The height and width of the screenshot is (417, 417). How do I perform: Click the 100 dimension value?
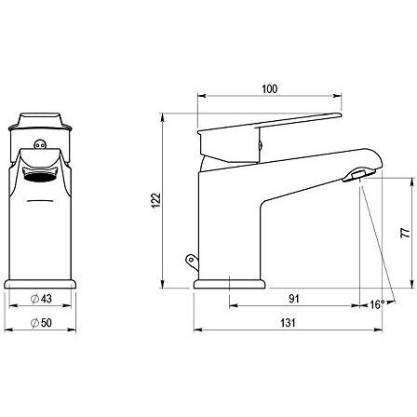270,89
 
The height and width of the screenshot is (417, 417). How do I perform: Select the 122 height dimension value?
156,200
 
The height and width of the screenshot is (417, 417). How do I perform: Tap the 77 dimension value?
405,233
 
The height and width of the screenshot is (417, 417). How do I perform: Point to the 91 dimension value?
294,299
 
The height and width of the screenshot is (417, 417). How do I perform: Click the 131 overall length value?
288,323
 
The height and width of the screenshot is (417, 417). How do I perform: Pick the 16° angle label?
377,304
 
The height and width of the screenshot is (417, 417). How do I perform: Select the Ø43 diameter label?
41,299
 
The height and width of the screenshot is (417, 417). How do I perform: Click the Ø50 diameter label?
41,323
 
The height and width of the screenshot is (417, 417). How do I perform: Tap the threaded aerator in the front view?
41,176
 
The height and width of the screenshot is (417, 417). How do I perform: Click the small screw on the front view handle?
40,144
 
